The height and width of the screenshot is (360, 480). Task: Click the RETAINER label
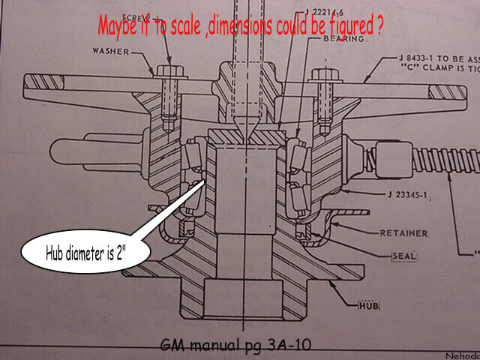403,233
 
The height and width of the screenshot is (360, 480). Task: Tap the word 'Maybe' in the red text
119,25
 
